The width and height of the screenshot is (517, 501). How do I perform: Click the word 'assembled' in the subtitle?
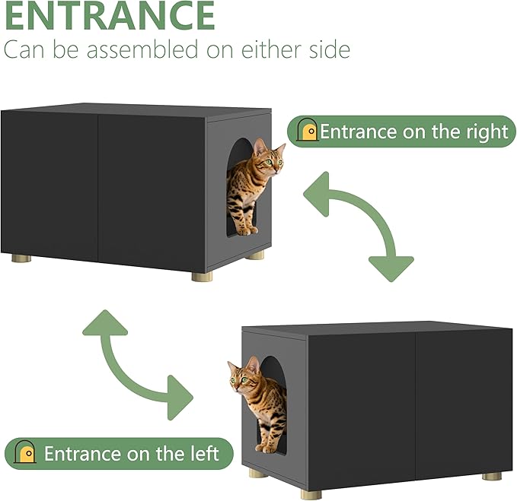(x=155, y=50)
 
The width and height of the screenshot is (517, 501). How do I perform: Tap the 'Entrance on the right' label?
(x=413, y=131)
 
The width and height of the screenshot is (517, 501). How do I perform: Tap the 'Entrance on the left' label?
(x=131, y=454)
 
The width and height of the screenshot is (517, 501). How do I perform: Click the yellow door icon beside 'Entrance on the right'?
(x=308, y=131)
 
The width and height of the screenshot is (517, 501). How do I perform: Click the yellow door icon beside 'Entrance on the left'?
(x=27, y=454)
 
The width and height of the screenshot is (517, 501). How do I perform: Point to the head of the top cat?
(x=269, y=157)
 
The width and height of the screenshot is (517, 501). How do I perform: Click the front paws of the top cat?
(x=246, y=229)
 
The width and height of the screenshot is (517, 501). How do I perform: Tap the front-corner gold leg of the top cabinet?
(x=202, y=276)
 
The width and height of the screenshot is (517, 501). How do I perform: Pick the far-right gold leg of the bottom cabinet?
(x=492, y=476)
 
